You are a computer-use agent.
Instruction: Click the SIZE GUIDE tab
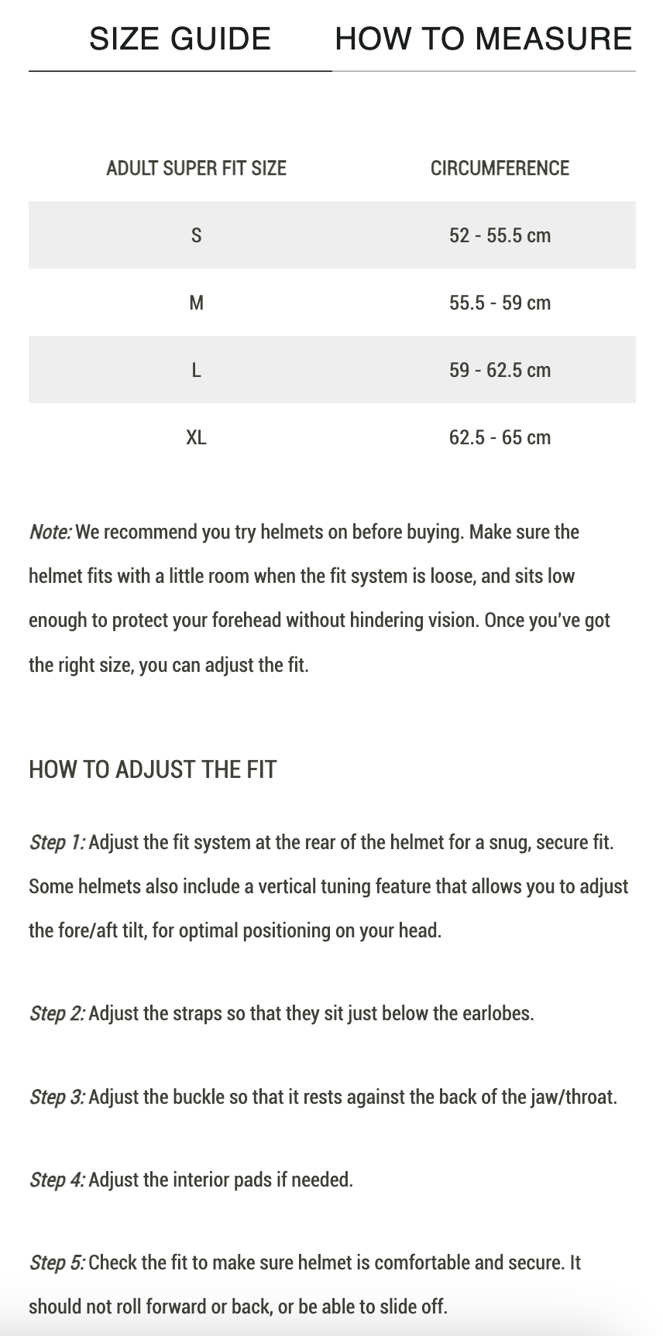coord(180,39)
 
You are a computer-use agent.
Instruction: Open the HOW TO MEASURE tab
coord(483,39)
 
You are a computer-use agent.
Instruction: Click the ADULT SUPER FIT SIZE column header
coord(196,168)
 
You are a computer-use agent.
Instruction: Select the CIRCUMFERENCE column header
coord(500,168)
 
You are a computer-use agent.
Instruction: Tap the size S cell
coord(196,235)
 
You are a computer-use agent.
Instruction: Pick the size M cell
coord(196,303)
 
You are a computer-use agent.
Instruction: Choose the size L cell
coord(196,370)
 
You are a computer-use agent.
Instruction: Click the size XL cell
coord(196,437)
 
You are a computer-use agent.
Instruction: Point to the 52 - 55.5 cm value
coord(500,235)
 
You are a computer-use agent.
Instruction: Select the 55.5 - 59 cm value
coord(500,303)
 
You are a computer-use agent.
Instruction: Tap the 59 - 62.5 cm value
coord(500,370)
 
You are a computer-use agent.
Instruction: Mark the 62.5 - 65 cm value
coord(500,437)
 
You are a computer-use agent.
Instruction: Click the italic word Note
coord(50,533)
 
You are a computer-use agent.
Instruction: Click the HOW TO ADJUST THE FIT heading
coord(153,769)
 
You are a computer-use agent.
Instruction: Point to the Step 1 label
coord(57,842)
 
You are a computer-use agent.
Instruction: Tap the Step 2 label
coord(57,1013)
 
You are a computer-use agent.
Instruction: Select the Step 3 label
coord(57,1097)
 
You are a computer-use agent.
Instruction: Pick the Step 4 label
coord(57,1180)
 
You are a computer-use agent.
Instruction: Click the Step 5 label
coord(57,1262)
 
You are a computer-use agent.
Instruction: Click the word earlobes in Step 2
coord(493,1013)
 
